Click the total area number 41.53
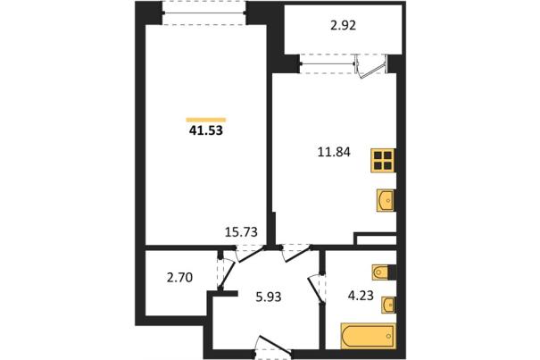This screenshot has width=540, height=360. click(x=206, y=130)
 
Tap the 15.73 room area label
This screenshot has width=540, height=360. click(x=241, y=232)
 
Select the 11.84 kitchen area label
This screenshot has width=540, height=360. click(x=334, y=152)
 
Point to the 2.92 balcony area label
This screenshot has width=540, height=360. click(x=343, y=26)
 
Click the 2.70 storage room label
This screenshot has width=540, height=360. click(x=179, y=277)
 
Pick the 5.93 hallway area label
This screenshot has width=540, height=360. click(x=269, y=297)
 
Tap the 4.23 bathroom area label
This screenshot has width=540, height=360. click(x=361, y=296)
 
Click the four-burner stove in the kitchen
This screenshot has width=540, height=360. click(x=383, y=160)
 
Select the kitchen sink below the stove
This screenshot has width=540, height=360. click(x=386, y=200)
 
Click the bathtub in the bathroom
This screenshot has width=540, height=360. click(x=368, y=336)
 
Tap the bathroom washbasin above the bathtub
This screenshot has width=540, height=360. click(x=388, y=306)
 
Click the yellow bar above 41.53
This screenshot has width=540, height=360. click(x=206, y=120)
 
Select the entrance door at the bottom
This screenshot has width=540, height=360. click(x=274, y=346)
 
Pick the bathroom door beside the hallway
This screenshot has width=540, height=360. click(x=316, y=289)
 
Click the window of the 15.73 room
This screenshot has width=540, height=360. click(x=204, y=13)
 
